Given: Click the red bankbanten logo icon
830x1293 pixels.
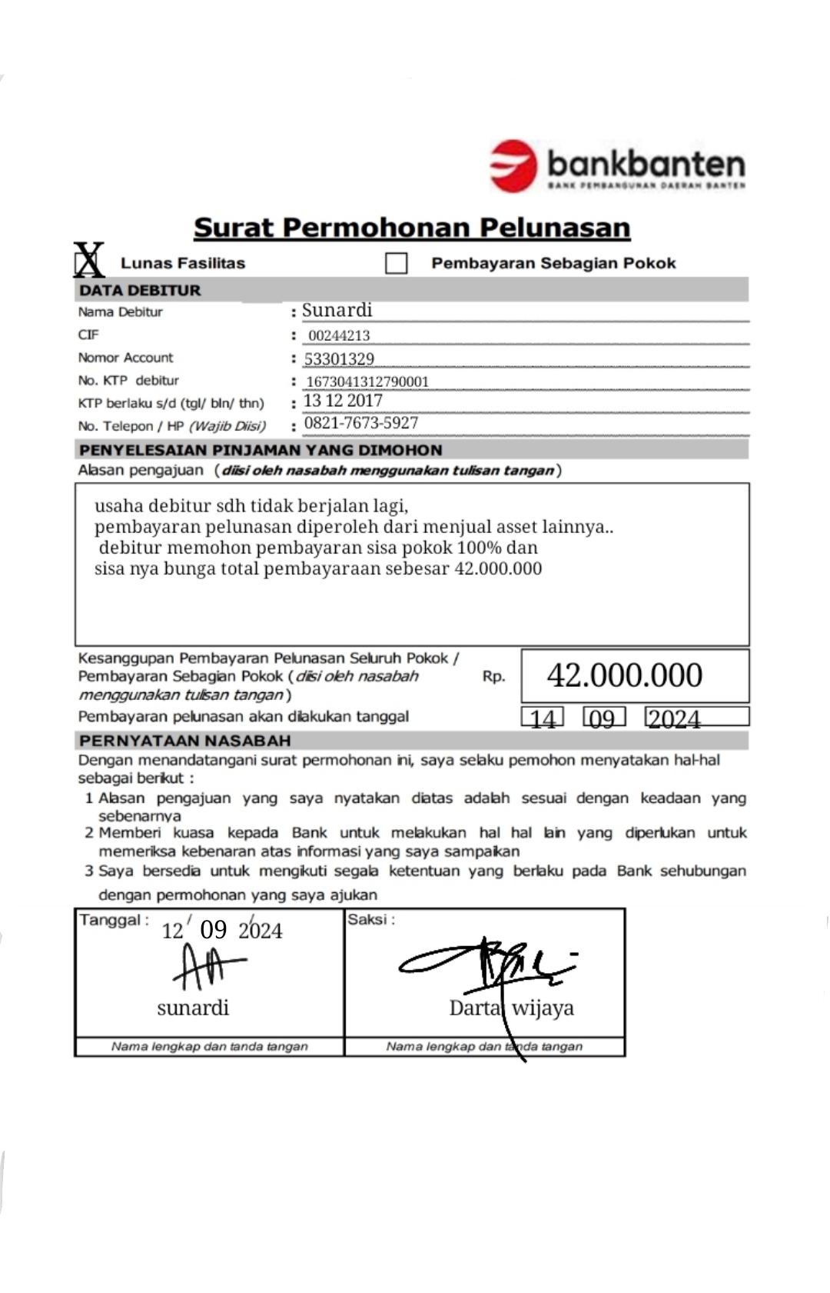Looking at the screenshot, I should tap(513, 165).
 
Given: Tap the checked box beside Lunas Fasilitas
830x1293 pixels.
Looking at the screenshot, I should tap(89, 260).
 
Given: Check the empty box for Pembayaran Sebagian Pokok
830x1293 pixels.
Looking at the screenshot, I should tap(396, 264).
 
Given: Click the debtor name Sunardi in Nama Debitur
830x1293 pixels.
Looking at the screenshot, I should tap(337, 310).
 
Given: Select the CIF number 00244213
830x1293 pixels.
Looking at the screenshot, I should tap(339, 335).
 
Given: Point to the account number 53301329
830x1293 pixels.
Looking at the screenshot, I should tap(339, 359).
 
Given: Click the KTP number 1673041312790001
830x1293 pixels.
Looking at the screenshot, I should tap(367, 382).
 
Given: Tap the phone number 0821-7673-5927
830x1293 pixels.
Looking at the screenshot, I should tap(361, 423).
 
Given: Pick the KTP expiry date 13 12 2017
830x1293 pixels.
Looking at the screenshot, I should tap(343, 401).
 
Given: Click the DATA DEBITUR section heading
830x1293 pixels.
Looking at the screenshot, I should tap(140, 290).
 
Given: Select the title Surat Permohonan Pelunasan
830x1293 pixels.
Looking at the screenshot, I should tap(412, 228).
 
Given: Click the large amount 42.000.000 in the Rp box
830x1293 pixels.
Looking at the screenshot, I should tap(624, 675).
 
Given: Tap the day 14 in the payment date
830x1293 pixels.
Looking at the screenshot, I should tap(543, 718).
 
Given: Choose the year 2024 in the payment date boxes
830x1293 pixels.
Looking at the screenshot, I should tap(674, 718).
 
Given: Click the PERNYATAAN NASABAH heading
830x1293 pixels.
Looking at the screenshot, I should tap(185, 741).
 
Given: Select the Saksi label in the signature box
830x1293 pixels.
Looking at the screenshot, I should tap(370, 920).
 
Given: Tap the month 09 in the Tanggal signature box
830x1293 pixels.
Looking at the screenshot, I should tap(214, 930).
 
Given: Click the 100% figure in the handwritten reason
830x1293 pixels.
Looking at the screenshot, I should tap(480, 548).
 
